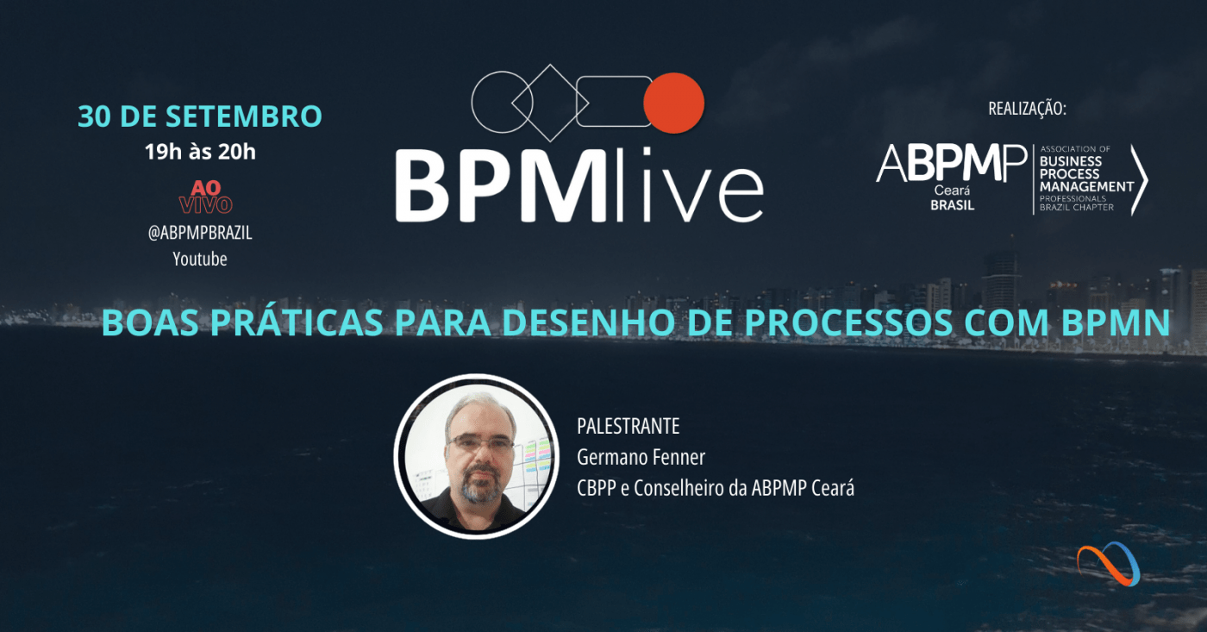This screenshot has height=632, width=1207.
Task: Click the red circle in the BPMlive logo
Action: (x=673, y=103)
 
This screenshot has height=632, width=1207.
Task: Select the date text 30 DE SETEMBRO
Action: (x=200, y=116)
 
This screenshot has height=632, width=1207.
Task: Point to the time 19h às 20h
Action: (x=200, y=152)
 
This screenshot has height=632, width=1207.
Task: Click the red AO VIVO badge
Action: (x=206, y=197)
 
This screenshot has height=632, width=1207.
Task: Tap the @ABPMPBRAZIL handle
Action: (x=200, y=233)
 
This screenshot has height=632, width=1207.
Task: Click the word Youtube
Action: (x=200, y=260)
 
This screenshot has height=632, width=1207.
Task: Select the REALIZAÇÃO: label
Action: (x=1027, y=109)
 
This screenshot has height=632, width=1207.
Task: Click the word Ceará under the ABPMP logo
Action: (x=952, y=191)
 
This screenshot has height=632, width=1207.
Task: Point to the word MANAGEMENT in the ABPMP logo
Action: (x=1087, y=186)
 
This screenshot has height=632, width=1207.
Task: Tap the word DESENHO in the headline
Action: (x=588, y=322)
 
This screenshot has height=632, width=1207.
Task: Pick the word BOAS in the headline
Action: (x=150, y=322)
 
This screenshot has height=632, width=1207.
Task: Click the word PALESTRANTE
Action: (x=629, y=426)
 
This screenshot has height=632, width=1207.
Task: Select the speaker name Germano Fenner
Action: (x=641, y=458)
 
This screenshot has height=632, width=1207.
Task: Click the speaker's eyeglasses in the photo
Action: (x=479, y=443)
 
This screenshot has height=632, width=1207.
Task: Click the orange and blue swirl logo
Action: (x=1109, y=564)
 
